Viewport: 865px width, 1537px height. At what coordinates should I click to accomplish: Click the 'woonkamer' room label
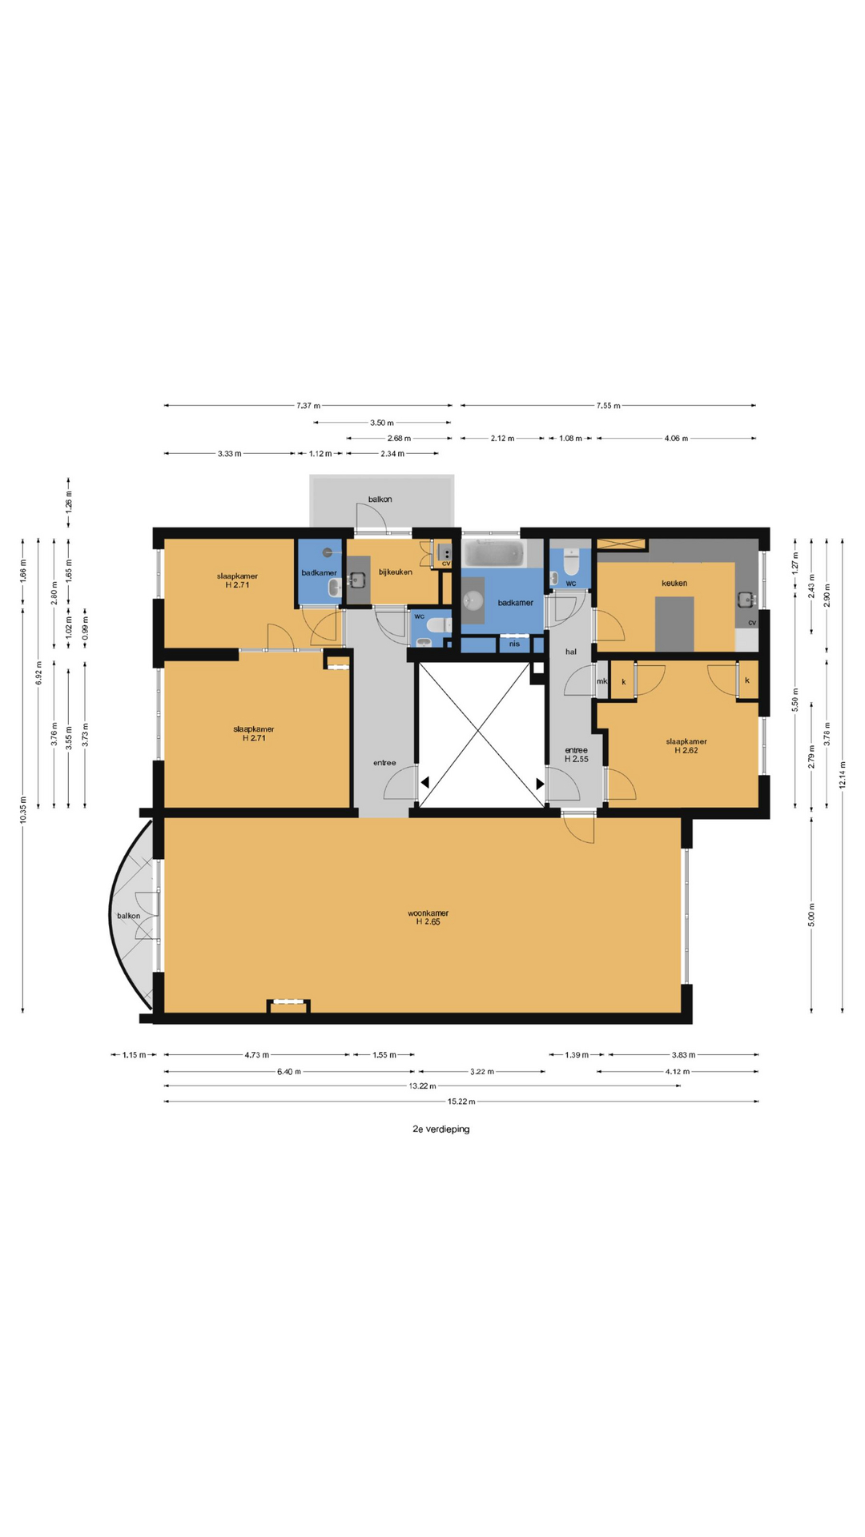click(428, 913)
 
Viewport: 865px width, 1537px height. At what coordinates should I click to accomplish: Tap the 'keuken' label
click(674, 583)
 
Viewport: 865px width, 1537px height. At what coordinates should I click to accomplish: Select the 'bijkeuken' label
click(396, 572)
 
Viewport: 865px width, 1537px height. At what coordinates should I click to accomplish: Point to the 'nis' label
click(514, 644)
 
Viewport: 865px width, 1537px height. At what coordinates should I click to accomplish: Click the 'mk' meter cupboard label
click(601, 681)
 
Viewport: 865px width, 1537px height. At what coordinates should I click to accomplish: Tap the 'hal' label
click(571, 652)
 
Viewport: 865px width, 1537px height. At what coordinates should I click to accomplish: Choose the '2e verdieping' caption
click(441, 1129)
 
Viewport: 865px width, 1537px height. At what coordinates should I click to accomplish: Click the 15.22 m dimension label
click(461, 1102)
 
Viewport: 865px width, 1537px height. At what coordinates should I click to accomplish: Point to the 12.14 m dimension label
click(843, 774)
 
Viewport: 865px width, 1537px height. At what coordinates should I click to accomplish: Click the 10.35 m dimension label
click(23, 809)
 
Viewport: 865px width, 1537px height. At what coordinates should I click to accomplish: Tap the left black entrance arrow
click(424, 782)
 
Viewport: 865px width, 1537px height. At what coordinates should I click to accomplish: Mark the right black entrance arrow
click(541, 784)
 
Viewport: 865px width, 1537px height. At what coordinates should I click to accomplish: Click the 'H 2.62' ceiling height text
click(686, 750)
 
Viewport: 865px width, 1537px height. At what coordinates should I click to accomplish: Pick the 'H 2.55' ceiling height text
click(577, 759)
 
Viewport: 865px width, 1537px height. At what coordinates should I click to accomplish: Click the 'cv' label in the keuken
click(752, 622)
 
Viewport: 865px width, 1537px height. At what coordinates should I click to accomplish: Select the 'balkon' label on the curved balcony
click(129, 916)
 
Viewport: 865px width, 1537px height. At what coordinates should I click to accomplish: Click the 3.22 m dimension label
click(482, 1071)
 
